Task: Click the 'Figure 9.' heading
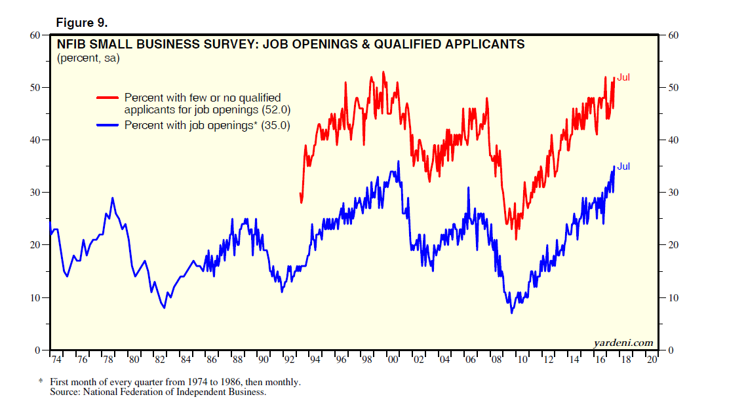[81, 22]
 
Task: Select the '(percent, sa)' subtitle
[88, 58]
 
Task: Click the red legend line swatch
[108, 97]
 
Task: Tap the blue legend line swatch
[108, 124]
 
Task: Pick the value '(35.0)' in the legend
[275, 124]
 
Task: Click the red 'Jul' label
[623, 77]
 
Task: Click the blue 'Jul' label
[623, 166]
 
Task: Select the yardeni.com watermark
[623, 343]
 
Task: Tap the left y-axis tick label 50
[37, 88]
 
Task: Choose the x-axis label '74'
[57, 360]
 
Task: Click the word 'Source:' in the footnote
[66, 392]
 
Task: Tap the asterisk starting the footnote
[40, 381]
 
